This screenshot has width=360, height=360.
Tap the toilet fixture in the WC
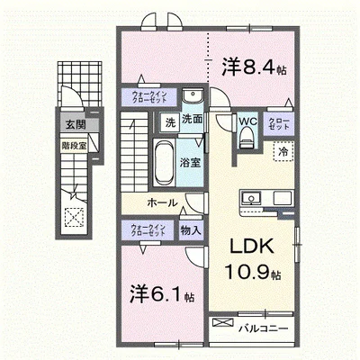click(x=247, y=137)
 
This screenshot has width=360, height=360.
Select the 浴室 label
click(x=190, y=163)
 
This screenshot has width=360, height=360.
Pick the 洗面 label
click(x=190, y=119)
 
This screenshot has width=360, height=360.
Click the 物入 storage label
click(x=190, y=229)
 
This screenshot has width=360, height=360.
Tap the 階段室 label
click(x=73, y=142)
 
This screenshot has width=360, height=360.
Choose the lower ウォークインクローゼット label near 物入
click(x=147, y=229)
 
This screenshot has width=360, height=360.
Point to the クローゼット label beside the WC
click(x=275, y=126)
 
